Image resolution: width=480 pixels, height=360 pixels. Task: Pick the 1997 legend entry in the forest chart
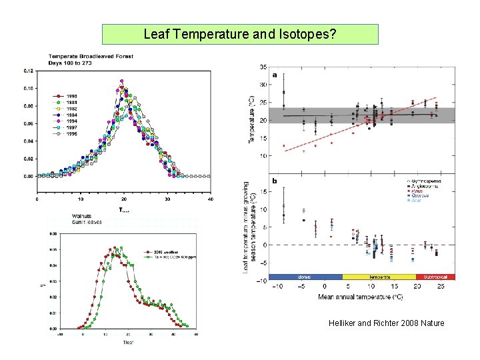pos(68,127)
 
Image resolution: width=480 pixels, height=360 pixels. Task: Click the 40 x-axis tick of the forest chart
pos(210,199)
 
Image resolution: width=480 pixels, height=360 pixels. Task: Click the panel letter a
pos(275,75)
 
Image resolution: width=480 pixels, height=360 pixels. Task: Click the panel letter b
pos(275,180)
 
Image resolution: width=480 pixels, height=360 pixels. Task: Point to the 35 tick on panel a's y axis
pos(264,67)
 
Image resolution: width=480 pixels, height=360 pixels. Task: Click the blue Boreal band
pos(305,276)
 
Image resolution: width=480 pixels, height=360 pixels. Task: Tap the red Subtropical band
pos(435,276)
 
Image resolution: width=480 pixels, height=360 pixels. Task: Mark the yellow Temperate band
pos(379,276)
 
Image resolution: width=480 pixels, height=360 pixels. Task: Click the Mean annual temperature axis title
pos(360,295)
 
